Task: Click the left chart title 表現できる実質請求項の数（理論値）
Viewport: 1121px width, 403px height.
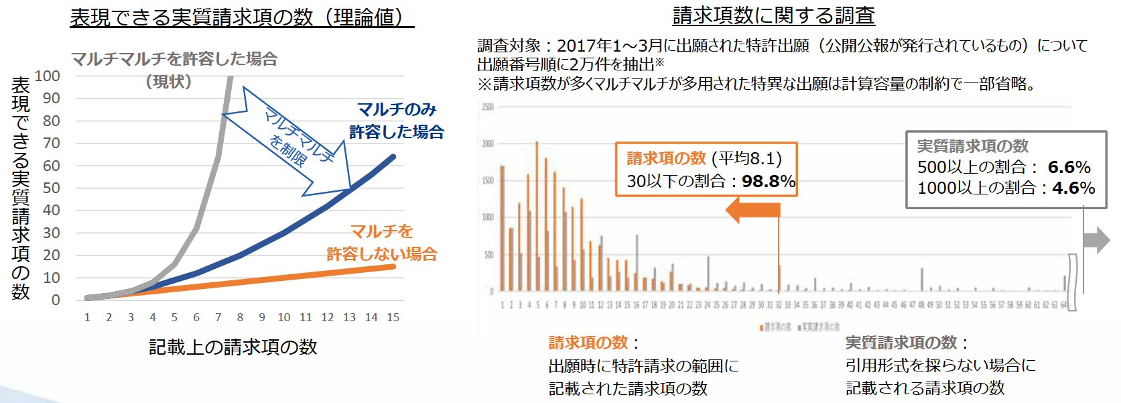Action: point(241,17)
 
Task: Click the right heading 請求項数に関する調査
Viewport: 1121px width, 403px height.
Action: point(773,15)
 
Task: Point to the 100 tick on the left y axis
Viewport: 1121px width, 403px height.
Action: point(48,76)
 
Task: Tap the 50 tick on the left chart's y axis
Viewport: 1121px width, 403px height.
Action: point(52,188)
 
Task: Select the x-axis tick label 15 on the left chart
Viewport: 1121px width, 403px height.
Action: point(393,317)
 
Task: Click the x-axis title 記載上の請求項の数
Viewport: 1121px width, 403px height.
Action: point(233,347)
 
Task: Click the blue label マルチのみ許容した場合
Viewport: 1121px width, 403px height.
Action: point(397,121)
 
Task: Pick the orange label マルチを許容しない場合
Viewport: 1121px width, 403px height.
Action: point(382,243)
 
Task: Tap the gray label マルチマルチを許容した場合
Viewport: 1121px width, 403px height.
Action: point(174,59)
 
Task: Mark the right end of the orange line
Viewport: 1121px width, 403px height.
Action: point(393,267)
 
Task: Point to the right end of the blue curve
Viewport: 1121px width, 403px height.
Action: point(393,157)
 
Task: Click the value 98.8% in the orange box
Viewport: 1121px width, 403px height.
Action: point(769,181)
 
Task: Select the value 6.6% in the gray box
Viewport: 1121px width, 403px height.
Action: point(1069,167)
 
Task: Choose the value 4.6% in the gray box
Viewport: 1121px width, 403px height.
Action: point(1073,188)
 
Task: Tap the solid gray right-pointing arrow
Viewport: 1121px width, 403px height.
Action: point(1096,240)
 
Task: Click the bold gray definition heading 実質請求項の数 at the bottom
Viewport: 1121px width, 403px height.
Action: point(901,343)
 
